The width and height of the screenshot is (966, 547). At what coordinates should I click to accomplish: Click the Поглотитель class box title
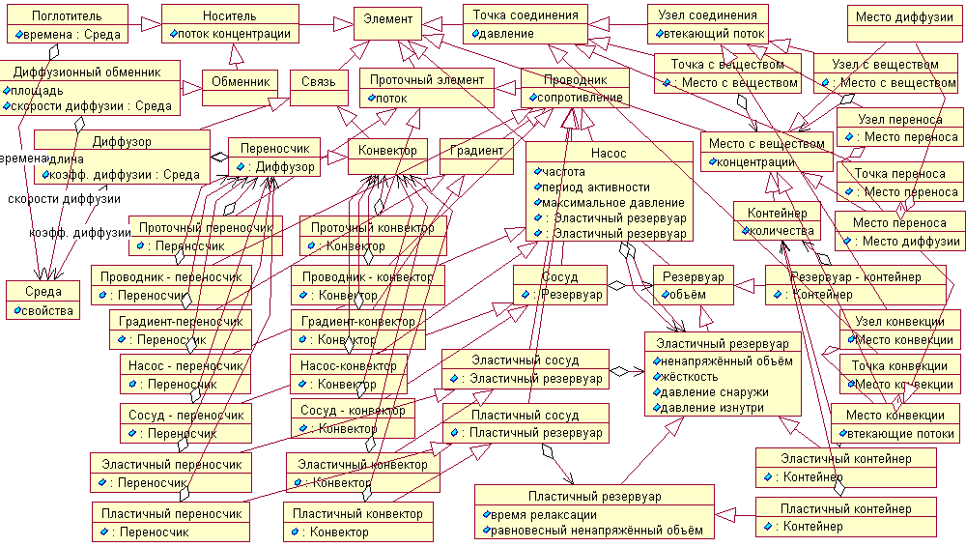click(66, 16)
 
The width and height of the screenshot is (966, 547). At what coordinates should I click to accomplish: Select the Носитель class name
click(230, 16)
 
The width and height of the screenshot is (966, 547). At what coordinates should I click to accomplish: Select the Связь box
click(318, 82)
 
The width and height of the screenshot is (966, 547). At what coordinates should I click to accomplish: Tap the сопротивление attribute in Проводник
click(578, 98)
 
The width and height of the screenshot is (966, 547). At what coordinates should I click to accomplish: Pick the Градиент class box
click(476, 151)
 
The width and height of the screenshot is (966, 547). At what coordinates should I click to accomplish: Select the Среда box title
click(43, 291)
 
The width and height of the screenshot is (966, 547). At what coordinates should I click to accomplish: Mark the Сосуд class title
click(560, 277)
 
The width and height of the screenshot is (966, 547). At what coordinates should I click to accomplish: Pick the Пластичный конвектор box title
click(357, 514)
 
